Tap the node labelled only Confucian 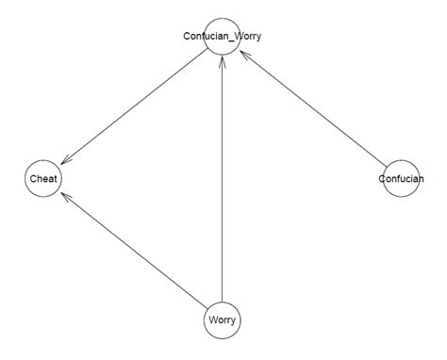point(401,178)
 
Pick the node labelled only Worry point(222,320)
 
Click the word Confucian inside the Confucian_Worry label point(205,37)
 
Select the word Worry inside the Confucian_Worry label point(246,37)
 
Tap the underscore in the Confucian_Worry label point(229,39)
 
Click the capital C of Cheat point(31,178)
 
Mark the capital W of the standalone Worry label point(211,320)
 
